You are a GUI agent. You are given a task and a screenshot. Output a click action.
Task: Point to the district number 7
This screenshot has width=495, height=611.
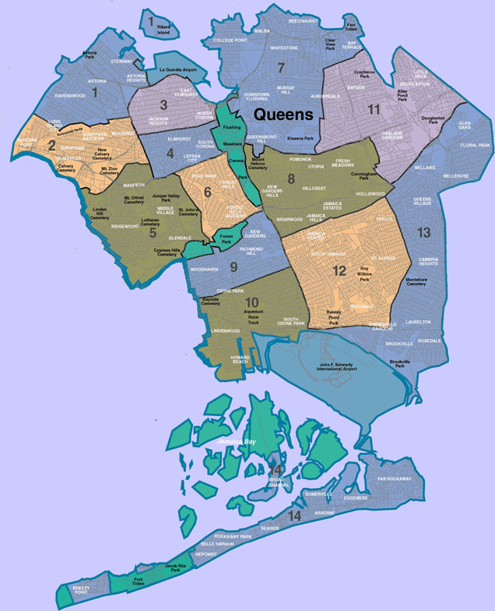[281, 67]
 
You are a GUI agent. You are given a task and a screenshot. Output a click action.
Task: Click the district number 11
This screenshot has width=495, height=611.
[374, 109]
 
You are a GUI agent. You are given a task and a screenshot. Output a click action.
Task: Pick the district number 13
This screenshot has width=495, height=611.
[423, 232]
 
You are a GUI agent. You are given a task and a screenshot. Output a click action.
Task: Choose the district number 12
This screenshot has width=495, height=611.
[339, 271]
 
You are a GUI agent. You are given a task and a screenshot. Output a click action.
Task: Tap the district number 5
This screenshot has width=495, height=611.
[153, 232]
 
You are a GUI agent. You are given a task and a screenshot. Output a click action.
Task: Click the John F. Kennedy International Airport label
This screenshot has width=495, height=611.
[338, 366]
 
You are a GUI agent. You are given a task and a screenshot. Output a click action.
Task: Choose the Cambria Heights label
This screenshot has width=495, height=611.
[427, 262]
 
